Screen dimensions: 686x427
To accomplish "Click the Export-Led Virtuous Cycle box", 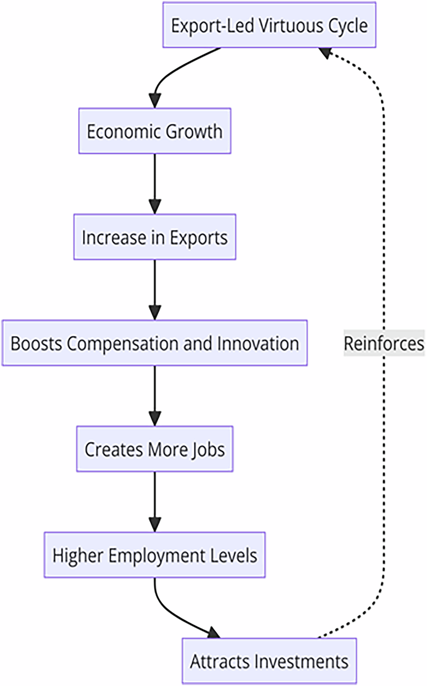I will point(269,25).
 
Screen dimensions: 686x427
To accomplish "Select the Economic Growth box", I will point(155,131).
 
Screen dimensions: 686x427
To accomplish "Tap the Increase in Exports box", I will point(155,237).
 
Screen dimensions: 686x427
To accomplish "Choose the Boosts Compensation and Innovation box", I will point(155,343).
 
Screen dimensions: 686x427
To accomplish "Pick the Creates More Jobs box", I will point(155,449).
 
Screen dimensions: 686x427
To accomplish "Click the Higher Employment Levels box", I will point(155,555).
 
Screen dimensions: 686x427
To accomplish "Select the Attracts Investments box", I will point(269,661).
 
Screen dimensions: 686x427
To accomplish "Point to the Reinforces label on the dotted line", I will point(383,343).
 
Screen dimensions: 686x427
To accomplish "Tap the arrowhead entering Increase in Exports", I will point(155,207).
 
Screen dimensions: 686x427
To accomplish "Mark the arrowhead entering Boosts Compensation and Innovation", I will point(155,313).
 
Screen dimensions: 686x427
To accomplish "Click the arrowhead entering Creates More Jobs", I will point(155,419).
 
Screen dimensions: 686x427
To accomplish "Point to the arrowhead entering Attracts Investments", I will point(213,633).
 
